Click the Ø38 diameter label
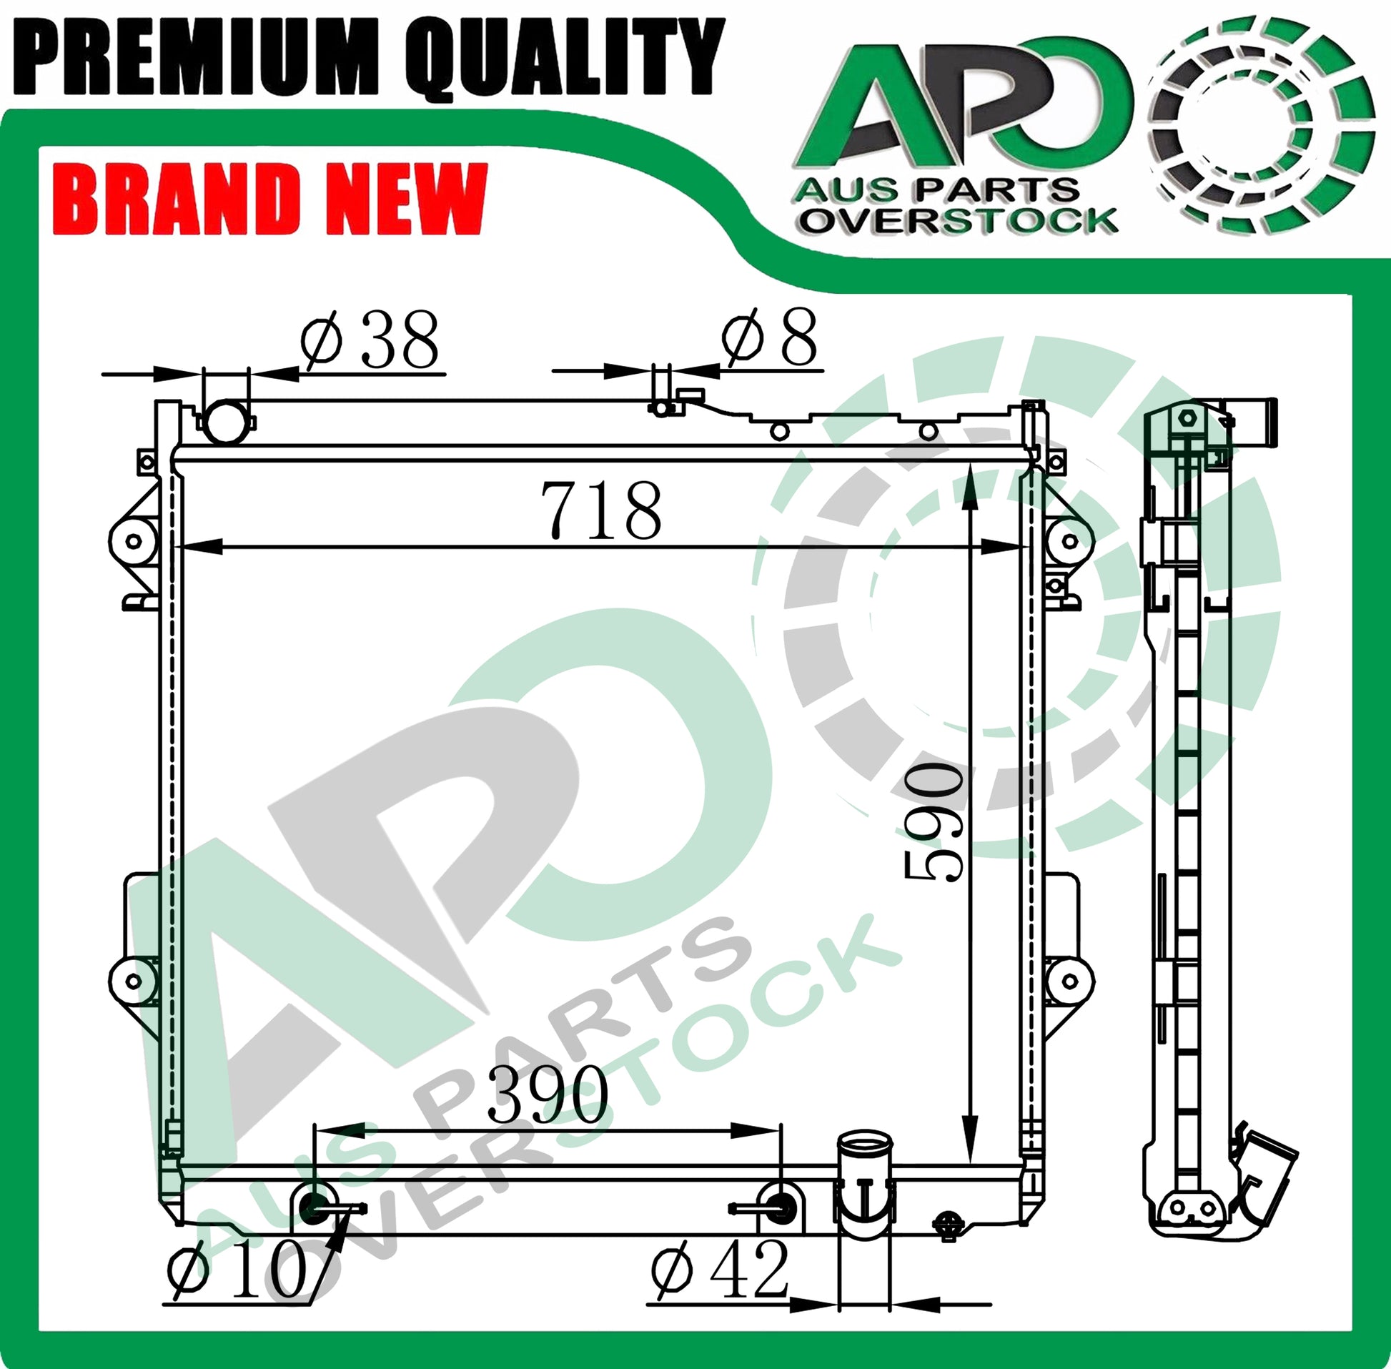click(370, 340)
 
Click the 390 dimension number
click(548, 1094)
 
